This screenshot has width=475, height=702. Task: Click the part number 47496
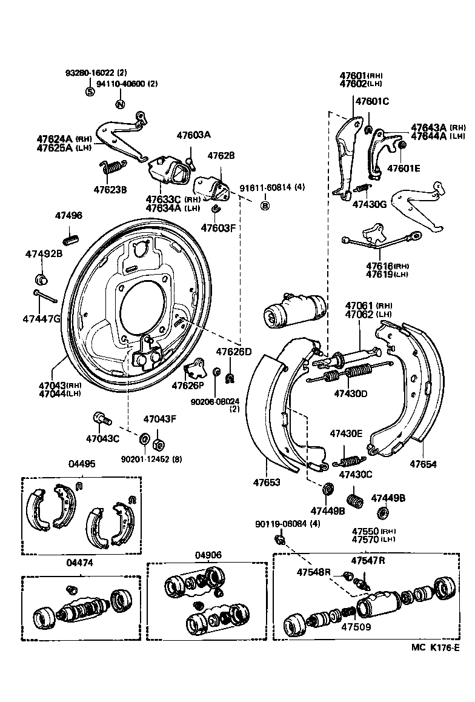68,216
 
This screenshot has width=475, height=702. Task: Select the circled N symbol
120,104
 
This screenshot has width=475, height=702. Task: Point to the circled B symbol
265,206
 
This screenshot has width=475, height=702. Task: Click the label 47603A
193,135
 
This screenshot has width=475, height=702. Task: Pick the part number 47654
423,464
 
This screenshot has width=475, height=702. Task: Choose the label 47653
267,483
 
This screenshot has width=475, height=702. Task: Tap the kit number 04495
81,464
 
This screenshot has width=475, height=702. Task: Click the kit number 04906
208,555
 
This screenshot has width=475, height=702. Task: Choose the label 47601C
372,101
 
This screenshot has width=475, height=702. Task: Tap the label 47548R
313,572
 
